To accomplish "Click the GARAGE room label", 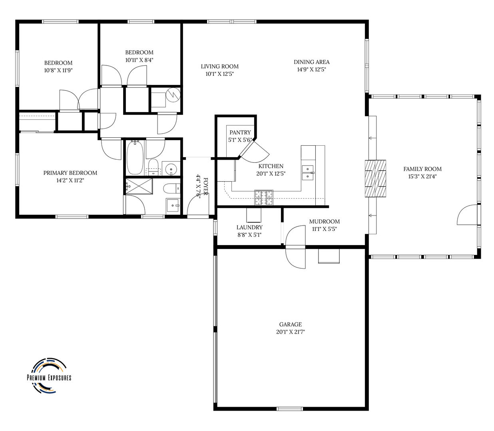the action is (290, 324).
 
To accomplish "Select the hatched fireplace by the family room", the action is (375, 179).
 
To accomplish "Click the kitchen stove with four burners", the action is (264, 198).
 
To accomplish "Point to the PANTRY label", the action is (240, 132).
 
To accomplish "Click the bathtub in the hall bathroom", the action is (135, 157).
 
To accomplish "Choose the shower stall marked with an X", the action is (139, 186).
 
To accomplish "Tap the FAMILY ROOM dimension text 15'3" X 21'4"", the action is (422, 176).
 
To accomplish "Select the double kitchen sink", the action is (308, 172).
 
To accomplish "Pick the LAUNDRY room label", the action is (249, 227).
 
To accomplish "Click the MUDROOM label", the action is (324, 221).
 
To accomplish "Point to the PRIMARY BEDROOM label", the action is (70, 172).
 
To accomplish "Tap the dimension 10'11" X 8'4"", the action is (139, 60).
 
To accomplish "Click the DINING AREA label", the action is (311, 62).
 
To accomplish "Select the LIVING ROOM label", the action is (220, 66).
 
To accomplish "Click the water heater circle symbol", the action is (173, 95).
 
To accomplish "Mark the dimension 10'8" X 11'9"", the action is (58, 70).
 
